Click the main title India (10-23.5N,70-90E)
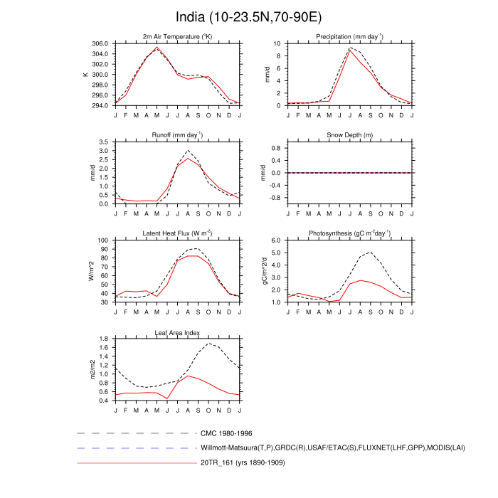249,16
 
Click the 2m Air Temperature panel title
177,37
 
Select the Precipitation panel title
350,37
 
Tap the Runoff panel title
177,135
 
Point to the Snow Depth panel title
350,135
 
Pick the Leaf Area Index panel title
177,332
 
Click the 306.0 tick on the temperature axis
99,43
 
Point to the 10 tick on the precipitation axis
277,43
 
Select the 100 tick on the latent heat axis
102,240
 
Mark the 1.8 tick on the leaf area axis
103,339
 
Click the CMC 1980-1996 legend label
226,433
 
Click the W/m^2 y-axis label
91,271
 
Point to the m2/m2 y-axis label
91,370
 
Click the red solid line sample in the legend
135,464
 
